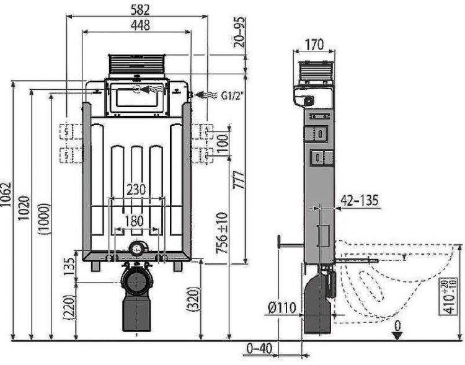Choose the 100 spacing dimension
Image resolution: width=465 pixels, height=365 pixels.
pos(222,143)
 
